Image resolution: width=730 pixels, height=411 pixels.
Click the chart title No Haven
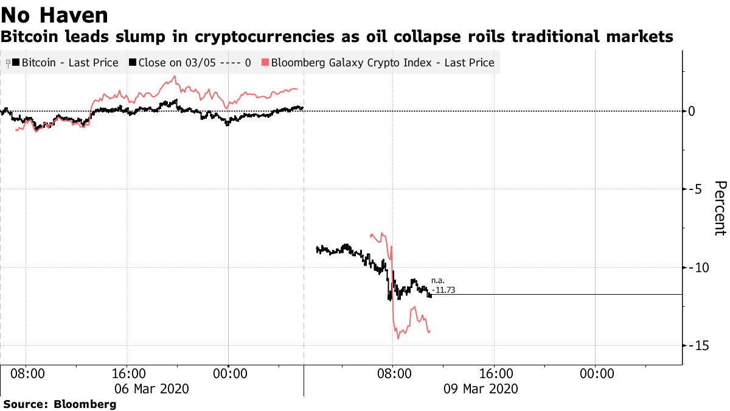pos(55,15)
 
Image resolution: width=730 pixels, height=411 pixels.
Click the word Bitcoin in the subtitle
pos(27,37)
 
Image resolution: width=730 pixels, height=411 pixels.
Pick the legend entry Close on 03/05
pos(191,62)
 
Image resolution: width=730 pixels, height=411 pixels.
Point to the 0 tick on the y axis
pos(692,111)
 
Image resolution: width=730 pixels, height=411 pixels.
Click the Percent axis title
pos(720,208)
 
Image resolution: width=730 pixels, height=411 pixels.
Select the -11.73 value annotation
pos(443,291)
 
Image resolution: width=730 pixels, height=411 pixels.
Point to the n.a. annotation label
pos(438,280)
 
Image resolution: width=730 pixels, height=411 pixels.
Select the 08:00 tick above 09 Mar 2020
pos(392,373)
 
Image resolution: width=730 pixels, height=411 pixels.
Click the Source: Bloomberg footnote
pos(60,404)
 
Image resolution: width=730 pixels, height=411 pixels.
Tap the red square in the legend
pos(265,62)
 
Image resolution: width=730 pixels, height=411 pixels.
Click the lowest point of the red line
pos(397,339)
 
